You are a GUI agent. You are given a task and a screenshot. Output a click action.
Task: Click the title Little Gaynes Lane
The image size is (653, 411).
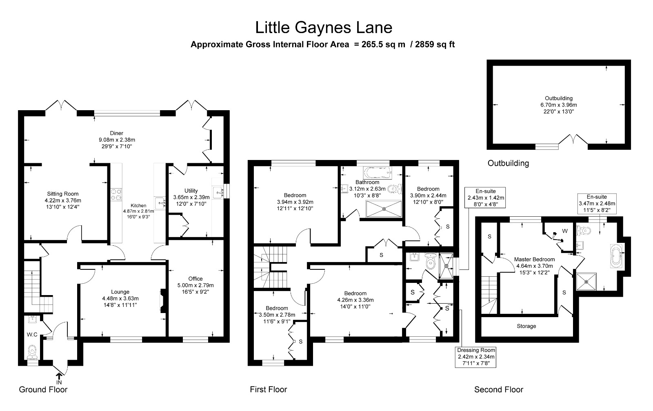(x=324, y=28)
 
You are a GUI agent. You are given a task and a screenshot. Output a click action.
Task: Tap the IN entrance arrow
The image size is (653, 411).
(x=59, y=376)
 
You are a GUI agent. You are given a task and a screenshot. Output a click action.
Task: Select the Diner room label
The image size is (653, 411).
(x=117, y=133)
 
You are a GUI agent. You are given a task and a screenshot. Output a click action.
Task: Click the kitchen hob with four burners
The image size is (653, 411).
(x=116, y=195)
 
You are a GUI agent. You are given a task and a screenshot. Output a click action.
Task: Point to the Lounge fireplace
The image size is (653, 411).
(x=163, y=301)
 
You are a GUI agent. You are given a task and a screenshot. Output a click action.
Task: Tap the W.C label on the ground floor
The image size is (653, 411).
(x=32, y=335)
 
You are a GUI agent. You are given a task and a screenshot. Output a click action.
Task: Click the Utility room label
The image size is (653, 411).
(x=191, y=191)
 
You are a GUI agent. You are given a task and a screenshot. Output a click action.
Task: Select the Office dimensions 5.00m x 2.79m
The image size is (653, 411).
(x=195, y=285)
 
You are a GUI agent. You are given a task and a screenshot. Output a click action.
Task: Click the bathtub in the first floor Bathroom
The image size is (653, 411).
(x=378, y=172)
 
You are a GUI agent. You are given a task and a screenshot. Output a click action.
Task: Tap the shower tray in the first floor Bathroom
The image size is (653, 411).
(x=384, y=209)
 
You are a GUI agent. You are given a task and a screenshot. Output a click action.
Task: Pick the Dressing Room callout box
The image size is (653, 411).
(x=476, y=357)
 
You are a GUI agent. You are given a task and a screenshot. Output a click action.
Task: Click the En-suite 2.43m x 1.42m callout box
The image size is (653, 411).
(x=485, y=198)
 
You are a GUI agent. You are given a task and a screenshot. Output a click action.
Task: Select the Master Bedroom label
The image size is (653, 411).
(x=534, y=260)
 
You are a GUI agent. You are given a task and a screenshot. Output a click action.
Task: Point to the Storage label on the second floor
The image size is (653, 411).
(x=526, y=326)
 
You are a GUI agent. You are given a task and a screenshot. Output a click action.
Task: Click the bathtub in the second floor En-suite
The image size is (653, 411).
(x=617, y=256)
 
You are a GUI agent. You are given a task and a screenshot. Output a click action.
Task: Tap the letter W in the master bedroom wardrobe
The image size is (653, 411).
(x=565, y=231)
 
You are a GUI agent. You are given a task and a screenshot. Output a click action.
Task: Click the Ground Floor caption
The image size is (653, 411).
(x=43, y=389)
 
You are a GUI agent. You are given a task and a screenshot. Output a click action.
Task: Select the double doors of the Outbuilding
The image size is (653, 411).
(x=573, y=139)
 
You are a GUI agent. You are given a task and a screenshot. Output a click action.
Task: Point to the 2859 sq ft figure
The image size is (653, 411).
(x=435, y=44)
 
